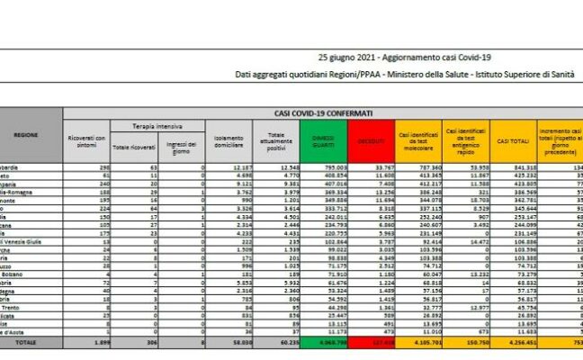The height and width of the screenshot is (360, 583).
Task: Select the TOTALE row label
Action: click(x=27, y=343)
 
